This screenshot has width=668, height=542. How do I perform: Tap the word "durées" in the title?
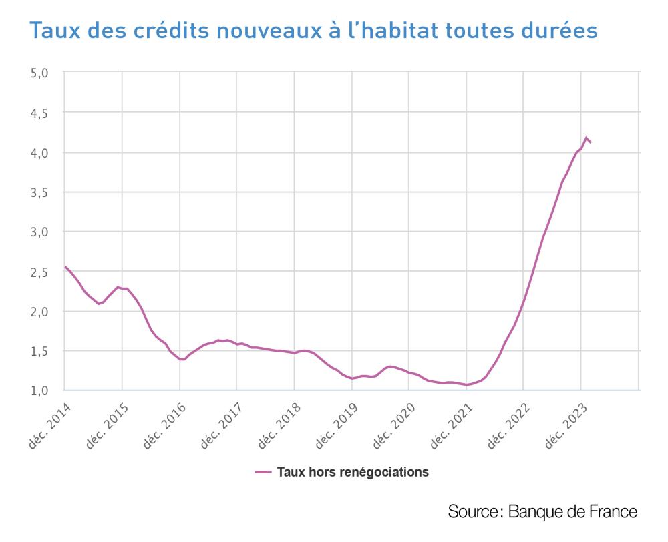pos(561,31)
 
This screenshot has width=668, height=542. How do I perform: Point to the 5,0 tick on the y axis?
pos(40,73)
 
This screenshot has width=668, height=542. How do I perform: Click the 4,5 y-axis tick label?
pos(40,113)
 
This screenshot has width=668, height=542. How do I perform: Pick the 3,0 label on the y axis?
pos(40,232)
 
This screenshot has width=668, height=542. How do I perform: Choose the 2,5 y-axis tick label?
pos(40,272)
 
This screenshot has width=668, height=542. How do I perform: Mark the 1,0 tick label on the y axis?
pos(40,390)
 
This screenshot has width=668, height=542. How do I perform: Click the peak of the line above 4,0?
pos(586,138)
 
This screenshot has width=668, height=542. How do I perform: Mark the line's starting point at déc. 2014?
pos(65,267)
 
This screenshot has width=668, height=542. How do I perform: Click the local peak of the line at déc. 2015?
pos(118,287)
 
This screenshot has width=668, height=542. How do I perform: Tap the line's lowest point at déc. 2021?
pos(467,384)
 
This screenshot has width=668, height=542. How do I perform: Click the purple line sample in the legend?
pos(263,472)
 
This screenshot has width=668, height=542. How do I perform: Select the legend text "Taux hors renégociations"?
pos(353,472)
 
